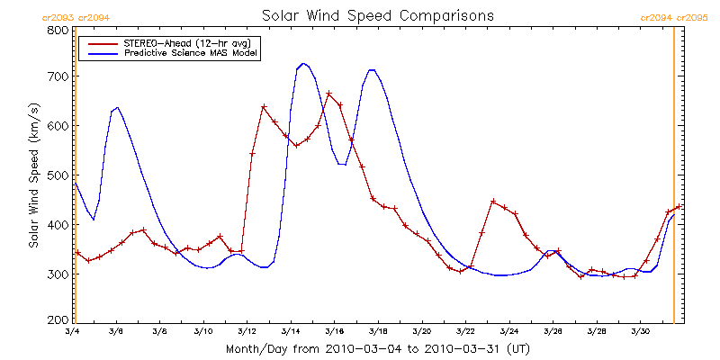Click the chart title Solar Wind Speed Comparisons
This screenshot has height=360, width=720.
coord(377,16)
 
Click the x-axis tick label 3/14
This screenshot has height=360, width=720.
coord(290,332)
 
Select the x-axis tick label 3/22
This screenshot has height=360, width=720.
coord(465,332)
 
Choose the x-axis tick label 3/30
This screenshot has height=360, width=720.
coord(640,332)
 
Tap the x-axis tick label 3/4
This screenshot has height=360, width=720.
coord(73,332)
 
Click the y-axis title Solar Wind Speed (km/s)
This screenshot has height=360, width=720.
coord(33,175)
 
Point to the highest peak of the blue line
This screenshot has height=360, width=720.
coord(303,64)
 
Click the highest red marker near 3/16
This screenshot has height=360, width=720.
coord(329,94)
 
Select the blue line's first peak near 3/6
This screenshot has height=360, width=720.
coord(117,107)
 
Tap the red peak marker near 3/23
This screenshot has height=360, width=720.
coord(493,202)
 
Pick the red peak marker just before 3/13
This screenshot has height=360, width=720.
coord(264,107)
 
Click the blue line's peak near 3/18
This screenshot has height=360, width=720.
coord(371,69)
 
